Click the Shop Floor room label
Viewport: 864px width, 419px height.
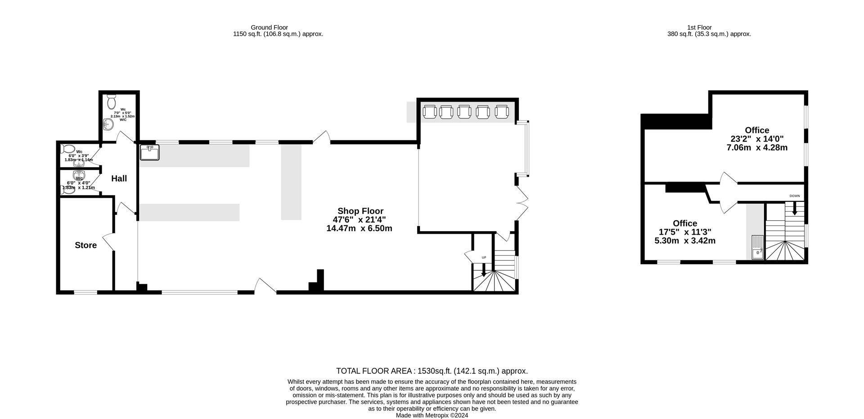pyautogui.click(x=360, y=211)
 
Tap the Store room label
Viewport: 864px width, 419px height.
pyautogui.click(x=85, y=245)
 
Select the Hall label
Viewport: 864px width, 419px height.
pyautogui.click(x=119, y=178)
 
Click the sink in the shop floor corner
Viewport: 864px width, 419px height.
pyautogui.click(x=149, y=152)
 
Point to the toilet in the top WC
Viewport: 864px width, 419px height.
pyautogui.click(x=112, y=102)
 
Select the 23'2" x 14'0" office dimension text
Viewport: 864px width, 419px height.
pyautogui.click(x=757, y=139)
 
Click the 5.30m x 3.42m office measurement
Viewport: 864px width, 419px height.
pyautogui.click(x=684, y=241)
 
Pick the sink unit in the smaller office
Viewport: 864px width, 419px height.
pyautogui.click(x=758, y=248)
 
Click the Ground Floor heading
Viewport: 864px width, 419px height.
pyautogui.click(x=269, y=27)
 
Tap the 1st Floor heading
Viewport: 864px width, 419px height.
pyautogui.click(x=699, y=27)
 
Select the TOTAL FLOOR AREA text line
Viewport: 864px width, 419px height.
pyautogui.click(x=432, y=371)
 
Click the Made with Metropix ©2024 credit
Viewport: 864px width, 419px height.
pyautogui.click(x=432, y=415)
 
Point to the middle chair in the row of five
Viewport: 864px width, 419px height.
pyautogui.click(x=464, y=111)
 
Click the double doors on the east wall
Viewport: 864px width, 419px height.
pyautogui.click(x=522, y=203)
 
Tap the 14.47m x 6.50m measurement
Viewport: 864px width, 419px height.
pyautogui.click(x=359, y=228)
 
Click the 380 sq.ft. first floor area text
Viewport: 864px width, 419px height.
pyautogui.click(x=709, y=34)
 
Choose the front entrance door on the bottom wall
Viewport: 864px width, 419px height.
pyautogui.click(x=265, y=287)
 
